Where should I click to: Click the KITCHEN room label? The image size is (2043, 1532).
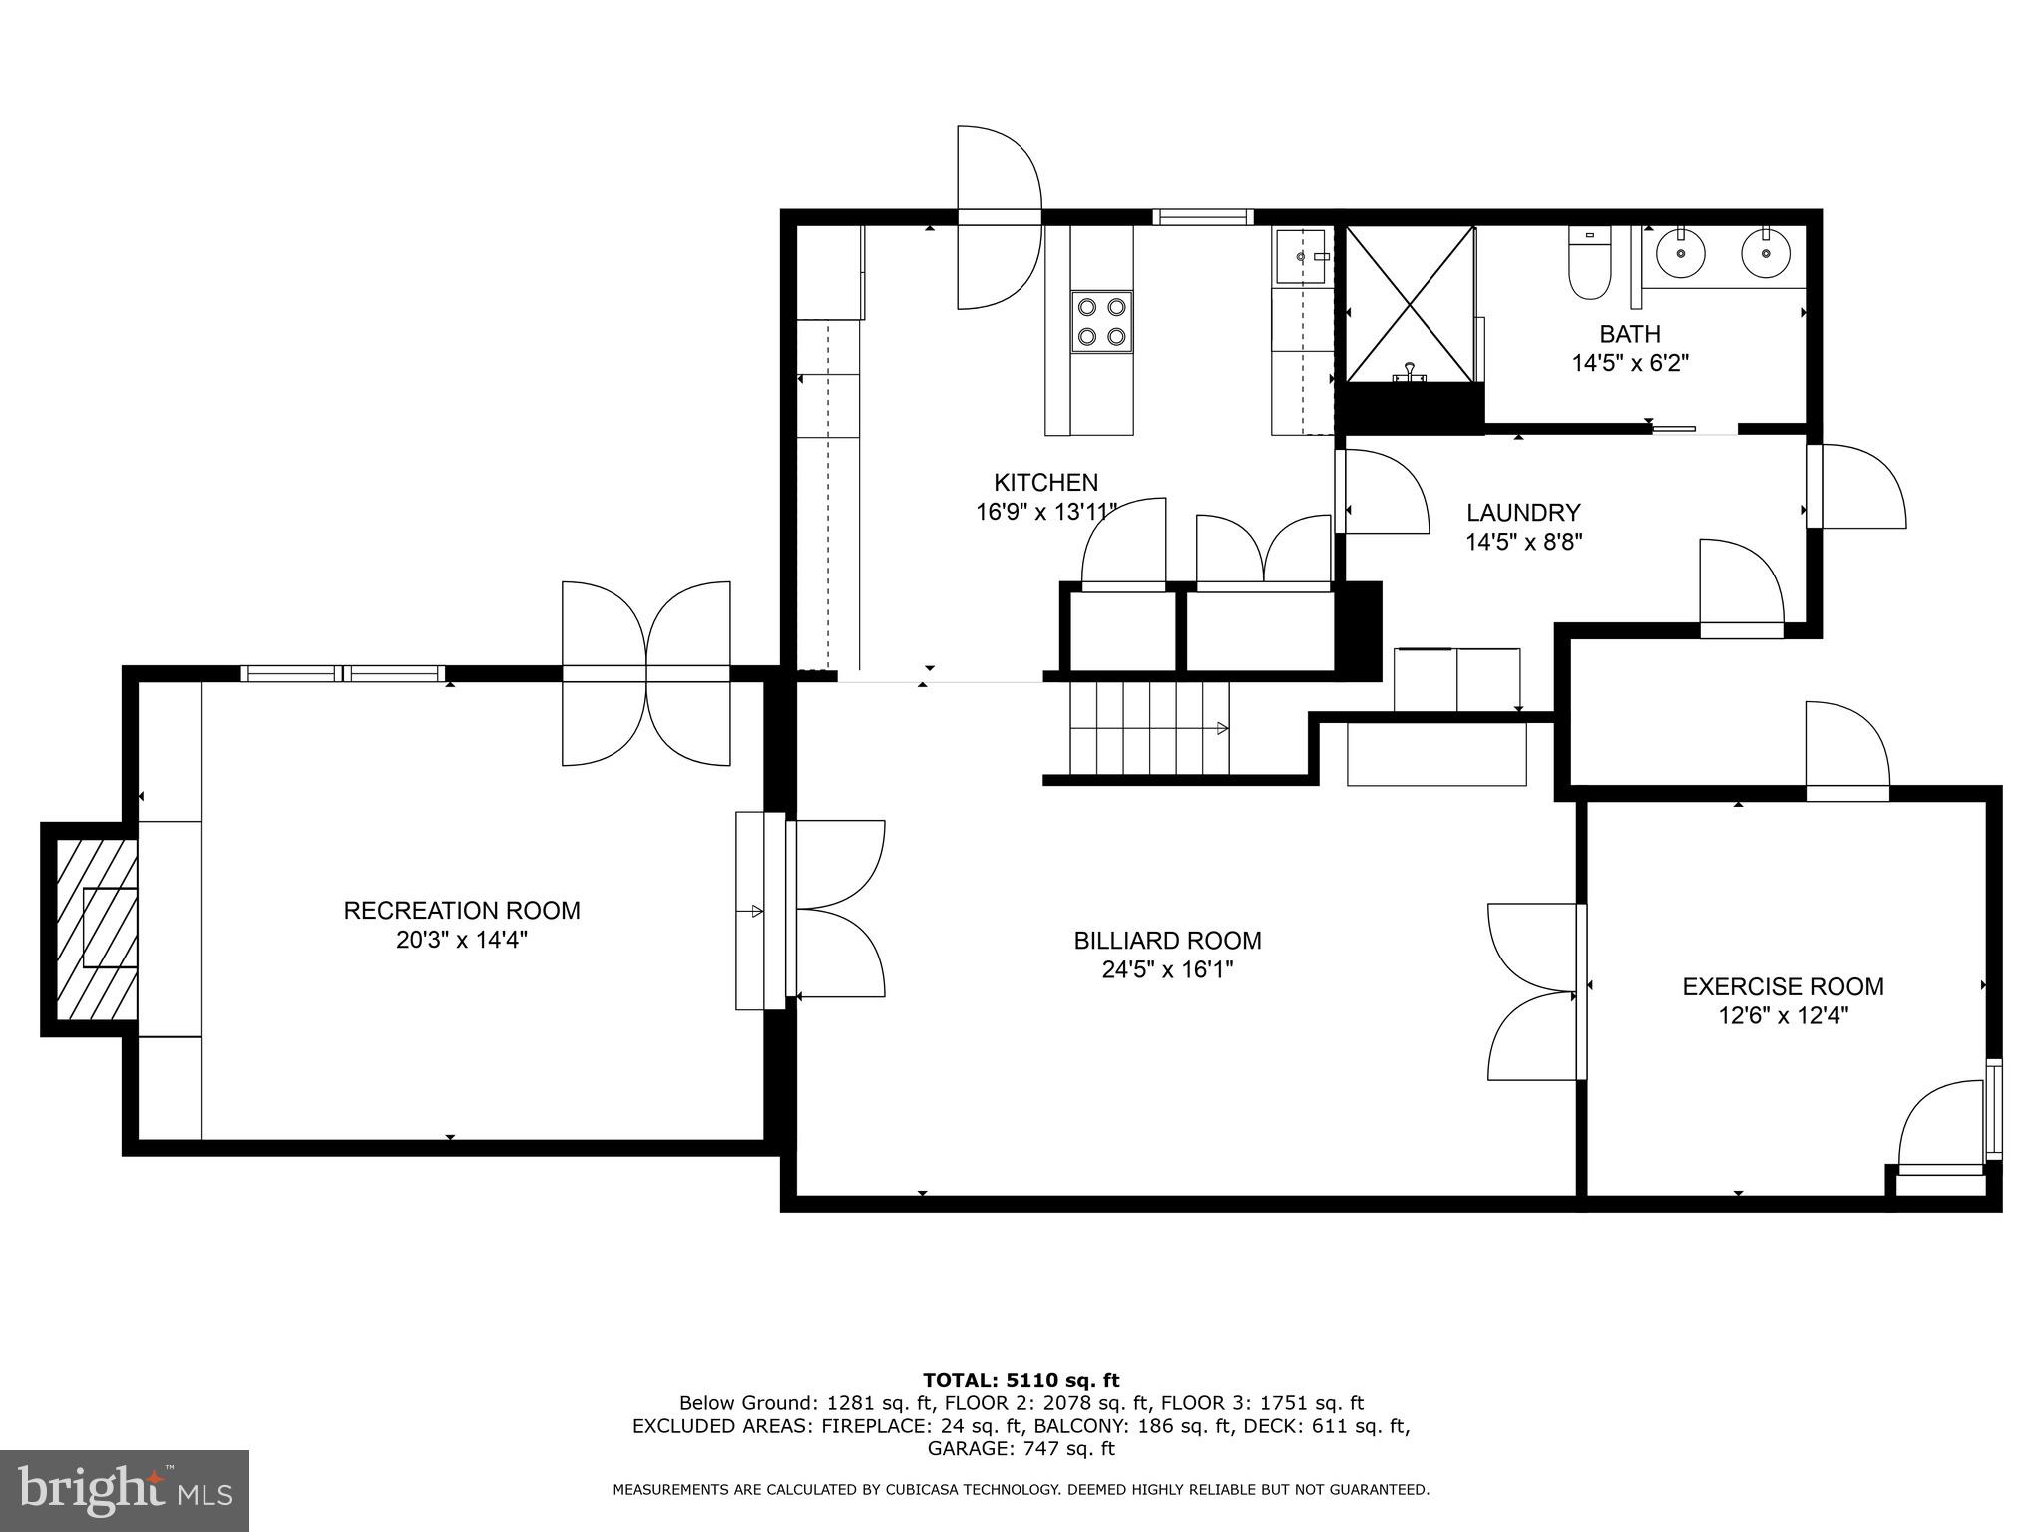pyautogui.click(x=1045, y=483)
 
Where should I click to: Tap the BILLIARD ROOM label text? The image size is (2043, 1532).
pyautogui.click(x=1167, y=941)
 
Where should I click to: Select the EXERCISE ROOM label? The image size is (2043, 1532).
pyautogui.click(x=1783, y=987)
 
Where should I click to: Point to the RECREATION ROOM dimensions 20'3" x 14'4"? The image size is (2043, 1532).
pyautogui.click(x=461, y=940)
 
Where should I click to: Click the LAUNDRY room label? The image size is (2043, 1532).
pyautogui.click(x=1523, y=513)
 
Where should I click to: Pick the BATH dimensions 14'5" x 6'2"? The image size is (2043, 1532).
pyautogui.click(x=1630, y=363)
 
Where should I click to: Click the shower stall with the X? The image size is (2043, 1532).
pyautogui.click(x=1410, y=303)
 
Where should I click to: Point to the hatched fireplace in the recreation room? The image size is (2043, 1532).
pyautogui.click(x=97, y=929)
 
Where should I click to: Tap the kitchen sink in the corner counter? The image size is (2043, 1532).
pyautogui.click(x=1301, y=257)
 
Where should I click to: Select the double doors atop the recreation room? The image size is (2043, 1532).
pyautogui.click(x=646, y=674)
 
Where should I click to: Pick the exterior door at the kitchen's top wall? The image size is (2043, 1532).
pyautogui.click(x=1000, y=217)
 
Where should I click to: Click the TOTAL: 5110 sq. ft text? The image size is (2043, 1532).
pyautogui.click(x=1021, y=1380)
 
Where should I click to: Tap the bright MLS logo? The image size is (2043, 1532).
pyautogui.click(x=124, y=1491)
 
